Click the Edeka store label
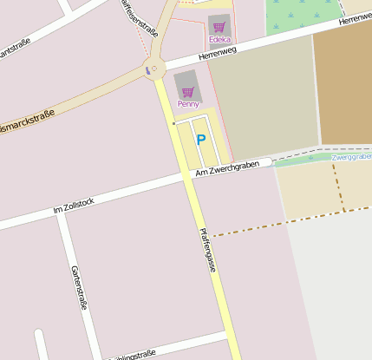click(x=219, y=40)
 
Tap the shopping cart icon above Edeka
click(x=219, y=28)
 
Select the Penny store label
click(x=188, y=104)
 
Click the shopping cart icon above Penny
click(x=187, y=92)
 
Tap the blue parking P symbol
click(x=201, y=139)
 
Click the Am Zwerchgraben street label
click(x=228, y=168)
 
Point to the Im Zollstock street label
click(x=74, y=205)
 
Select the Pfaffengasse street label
click(x=207, y=250)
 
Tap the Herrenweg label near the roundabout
click(x=217, y=54)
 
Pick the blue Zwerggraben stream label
click(x=351, y=157)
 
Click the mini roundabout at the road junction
click(x=154, y=69)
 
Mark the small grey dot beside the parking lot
click(x=173, y=123)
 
